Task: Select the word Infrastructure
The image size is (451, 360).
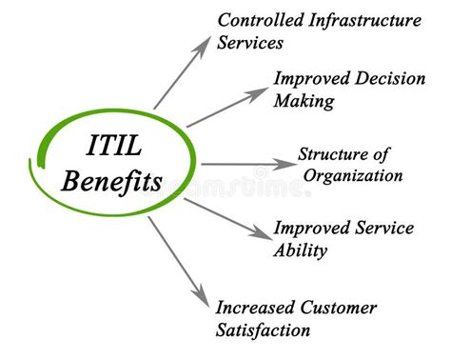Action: click(x=366, y=19)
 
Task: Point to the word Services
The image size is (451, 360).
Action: click(x=250, y=43)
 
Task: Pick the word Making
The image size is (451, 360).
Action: click(x=303, y=101)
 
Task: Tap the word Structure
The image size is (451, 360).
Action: click(x=332, y=153)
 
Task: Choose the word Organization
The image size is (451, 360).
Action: click(x=353, y=175)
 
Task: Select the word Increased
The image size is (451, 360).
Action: click(x=256, y=308)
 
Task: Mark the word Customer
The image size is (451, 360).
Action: click(x=340, y=308)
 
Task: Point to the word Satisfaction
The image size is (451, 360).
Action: click(x=263, y=330)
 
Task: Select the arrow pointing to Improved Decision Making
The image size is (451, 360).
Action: click(x=227, y=108)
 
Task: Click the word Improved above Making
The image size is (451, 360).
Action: click(x=307, y=78)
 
